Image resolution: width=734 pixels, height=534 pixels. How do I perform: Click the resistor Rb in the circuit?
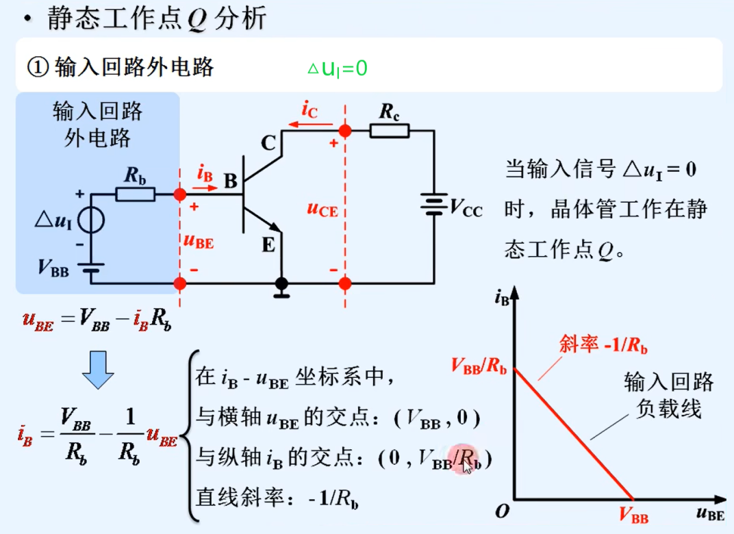135,194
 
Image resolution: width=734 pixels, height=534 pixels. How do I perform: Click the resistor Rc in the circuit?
389,130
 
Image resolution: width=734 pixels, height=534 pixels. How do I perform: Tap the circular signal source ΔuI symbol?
91,220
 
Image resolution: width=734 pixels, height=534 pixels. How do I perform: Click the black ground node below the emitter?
281,283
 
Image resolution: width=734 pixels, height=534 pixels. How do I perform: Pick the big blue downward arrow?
98,370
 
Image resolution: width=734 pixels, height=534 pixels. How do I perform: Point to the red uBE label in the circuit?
199,241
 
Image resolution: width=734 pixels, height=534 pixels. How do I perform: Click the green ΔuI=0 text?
337,68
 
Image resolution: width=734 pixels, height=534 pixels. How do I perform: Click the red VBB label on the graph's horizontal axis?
633,517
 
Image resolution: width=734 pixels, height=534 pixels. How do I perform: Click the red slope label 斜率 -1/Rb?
603,345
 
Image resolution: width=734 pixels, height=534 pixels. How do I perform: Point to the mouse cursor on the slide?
467,466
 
